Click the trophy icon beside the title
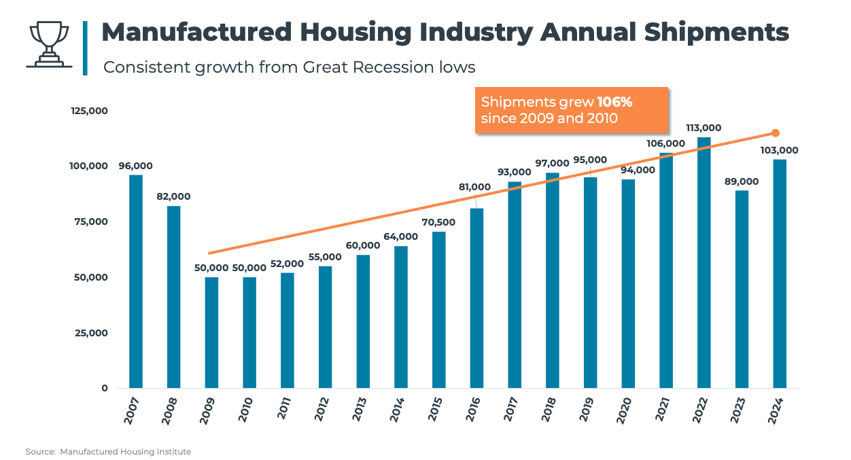coord(49,45)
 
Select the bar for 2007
coord(136,281)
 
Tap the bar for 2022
coord(704,262)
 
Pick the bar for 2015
coord(439,310)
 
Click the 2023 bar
coord(742,289)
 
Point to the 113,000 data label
coord(704,128)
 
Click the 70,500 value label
coord(438,222)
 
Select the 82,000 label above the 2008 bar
coord(173,196)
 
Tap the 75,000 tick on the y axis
coord(90,222)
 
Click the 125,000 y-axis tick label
coord(90,111)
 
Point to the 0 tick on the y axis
coord(104,388)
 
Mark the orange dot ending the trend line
coord(776,133)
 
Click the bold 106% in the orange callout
coord(614,102)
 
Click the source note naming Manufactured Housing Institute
coord(109,452)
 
